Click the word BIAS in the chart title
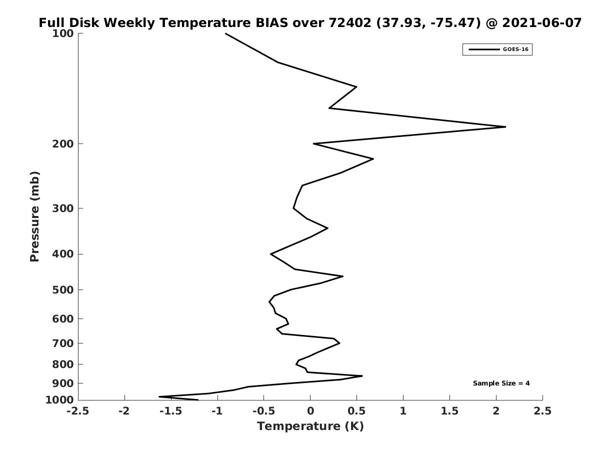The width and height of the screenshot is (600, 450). point(271,22)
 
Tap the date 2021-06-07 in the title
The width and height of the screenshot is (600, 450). point(541,22)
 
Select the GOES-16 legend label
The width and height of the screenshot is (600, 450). point(515,49)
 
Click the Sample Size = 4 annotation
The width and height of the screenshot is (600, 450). point(501,383)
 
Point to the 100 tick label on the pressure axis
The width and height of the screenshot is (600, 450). point(63,33)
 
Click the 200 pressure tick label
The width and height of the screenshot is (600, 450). point(63,143)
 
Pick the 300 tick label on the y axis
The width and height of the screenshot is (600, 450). point(63,208)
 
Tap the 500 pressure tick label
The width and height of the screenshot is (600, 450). point(63,289)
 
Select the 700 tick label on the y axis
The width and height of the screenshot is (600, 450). point(63,343)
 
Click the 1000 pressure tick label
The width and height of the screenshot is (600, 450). point(59,400)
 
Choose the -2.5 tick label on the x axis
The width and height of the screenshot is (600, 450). point(78,411)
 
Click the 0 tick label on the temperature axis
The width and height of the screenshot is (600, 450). point(310,411)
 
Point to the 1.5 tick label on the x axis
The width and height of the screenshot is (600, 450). point(449,411)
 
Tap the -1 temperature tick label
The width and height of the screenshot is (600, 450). point(217,411)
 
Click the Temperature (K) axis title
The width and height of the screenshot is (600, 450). point(310,426)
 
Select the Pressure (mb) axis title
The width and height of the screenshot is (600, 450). point(34,216)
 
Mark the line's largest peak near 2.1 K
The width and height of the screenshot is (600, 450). point(505,127)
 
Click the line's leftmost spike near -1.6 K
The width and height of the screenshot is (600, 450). point(159,396)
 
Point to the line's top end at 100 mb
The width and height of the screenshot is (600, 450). point(225,33)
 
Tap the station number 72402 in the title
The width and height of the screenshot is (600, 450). point(350,22)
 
